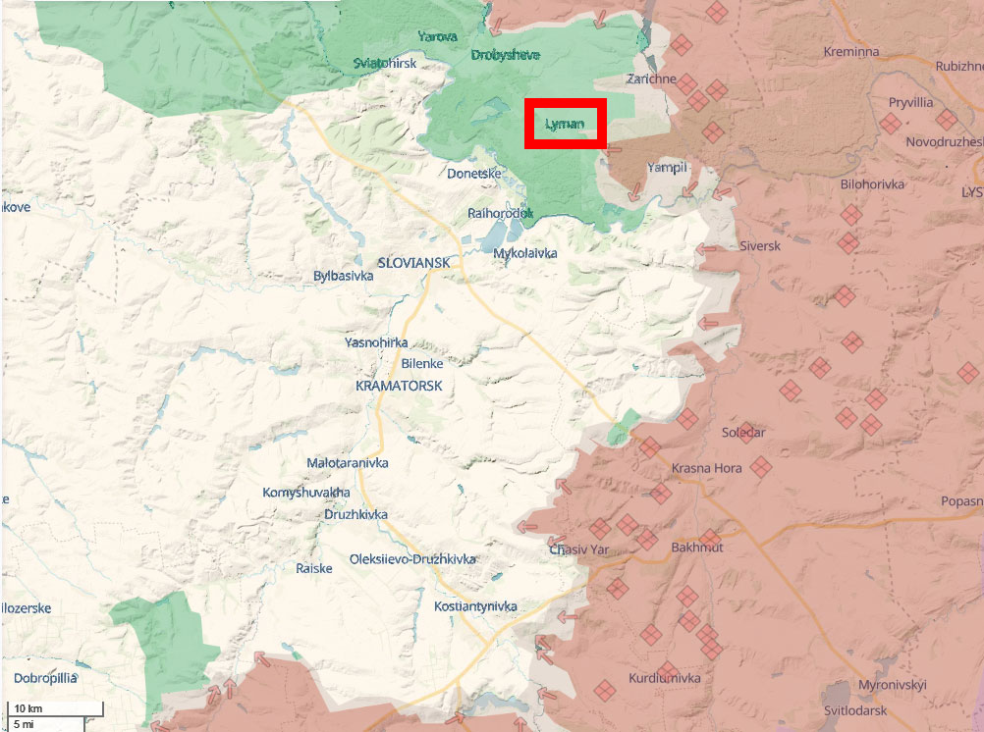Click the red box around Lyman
coord(565,124)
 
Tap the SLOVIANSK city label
coord(413,263)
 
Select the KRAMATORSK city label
coord(399,387)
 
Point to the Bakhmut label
coord(697,547)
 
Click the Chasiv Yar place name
coord(579,549)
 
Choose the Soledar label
coord(743,432)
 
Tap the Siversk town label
coord(760,245)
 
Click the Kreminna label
coord(851,51)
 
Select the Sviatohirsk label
coord(385,63)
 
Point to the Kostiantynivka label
coord(475,606)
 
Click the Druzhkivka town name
coord(355,514)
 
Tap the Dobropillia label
coord(45,677)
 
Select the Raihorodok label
coord(500,212)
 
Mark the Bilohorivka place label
coord(873,183)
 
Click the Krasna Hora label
coord(706,468)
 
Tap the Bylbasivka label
coord(343,276)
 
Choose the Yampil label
coord(667,168)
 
